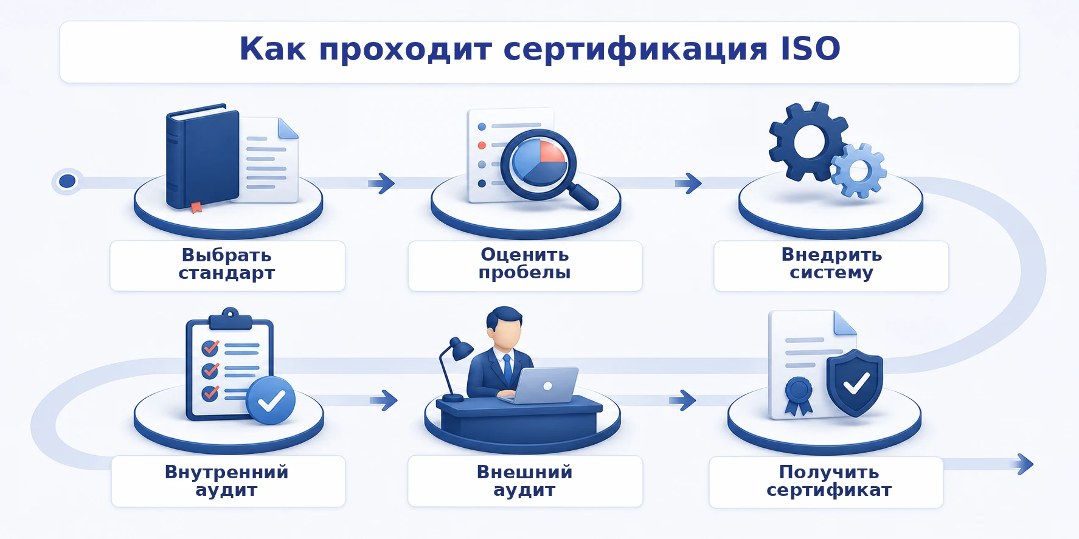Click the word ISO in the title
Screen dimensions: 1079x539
click(811, 49)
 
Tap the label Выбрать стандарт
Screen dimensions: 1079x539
click(227, 264)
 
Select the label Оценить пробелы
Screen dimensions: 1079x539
click(524, 264)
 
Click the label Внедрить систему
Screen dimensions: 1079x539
click(831, 264)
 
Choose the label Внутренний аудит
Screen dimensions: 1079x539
click(227, 481)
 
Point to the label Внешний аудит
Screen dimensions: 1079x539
click(524, 481)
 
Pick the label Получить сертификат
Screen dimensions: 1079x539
click(829, 481)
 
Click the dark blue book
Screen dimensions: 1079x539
click(201, 157)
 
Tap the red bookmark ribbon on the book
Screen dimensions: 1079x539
click(196, 207)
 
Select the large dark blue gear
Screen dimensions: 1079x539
click(808, 141)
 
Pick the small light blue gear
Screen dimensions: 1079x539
click(859, 171)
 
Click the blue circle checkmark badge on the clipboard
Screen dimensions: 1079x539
click(271, 400)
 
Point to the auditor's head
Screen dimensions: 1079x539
click(505, 326)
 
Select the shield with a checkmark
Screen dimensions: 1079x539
click(855, 383)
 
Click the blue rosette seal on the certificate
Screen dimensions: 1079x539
click(799, 396)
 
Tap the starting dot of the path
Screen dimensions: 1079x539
click(67, 181)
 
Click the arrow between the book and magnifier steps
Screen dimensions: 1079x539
click(381, 183)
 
